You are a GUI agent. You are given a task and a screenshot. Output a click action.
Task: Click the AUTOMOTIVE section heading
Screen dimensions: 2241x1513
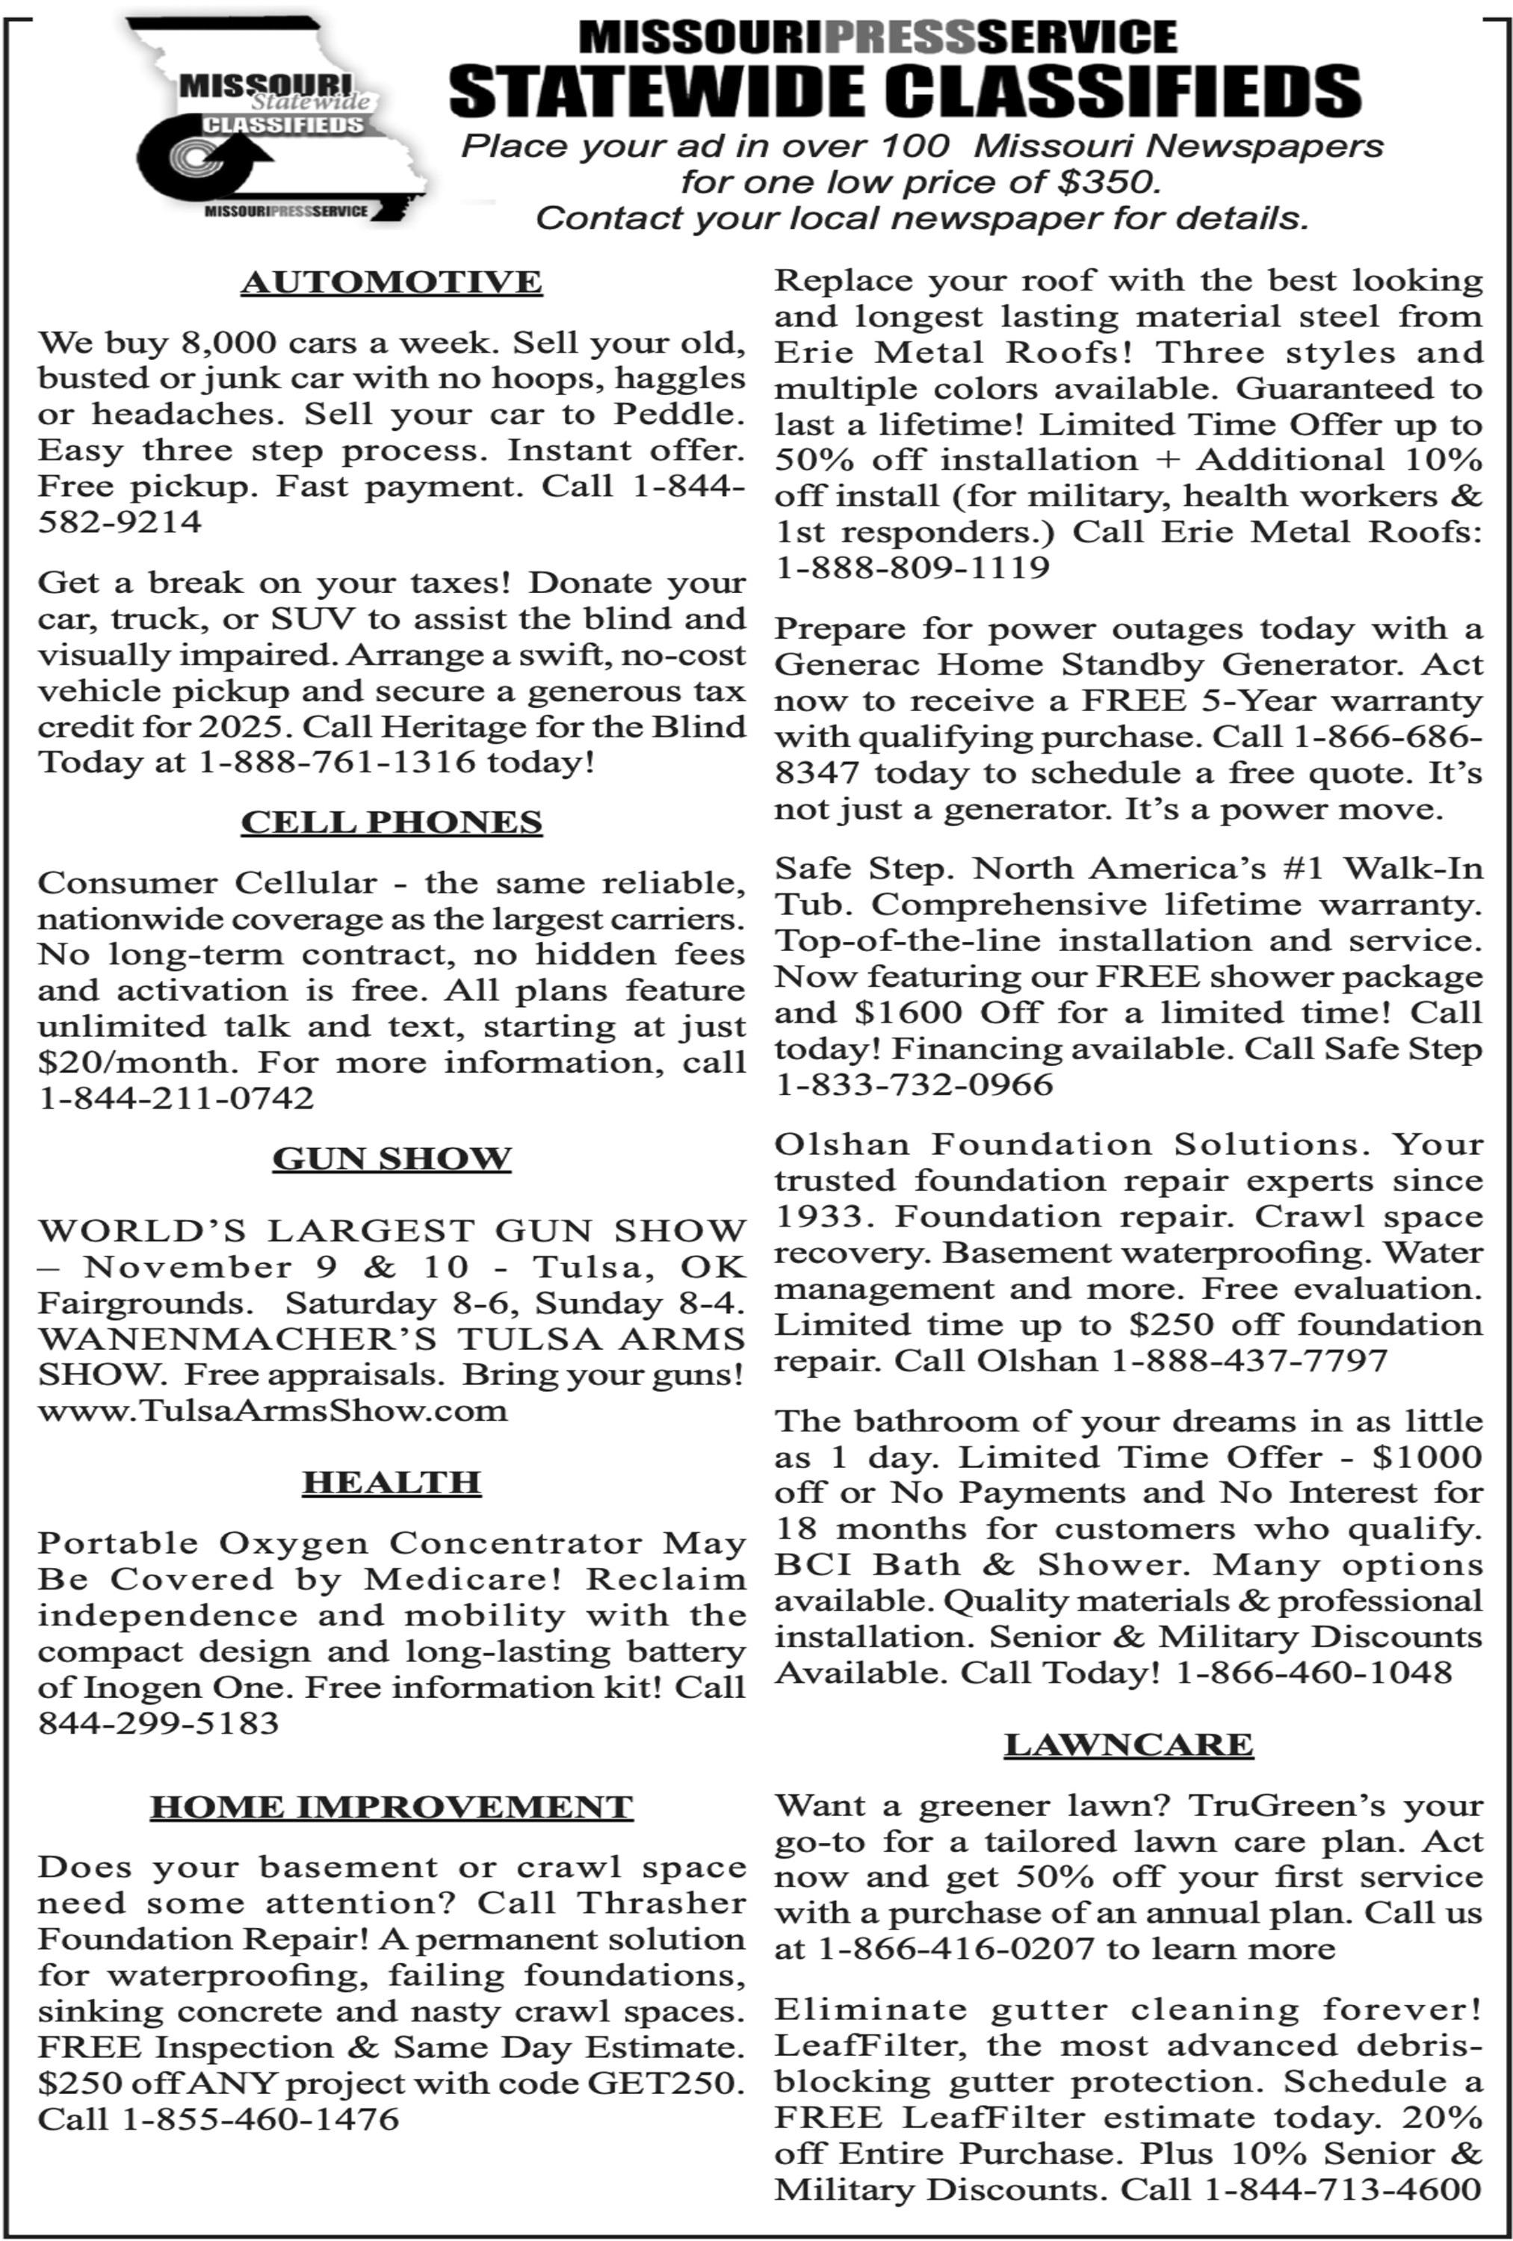coord(392,282)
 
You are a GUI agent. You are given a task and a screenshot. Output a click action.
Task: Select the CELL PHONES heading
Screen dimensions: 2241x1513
coord(392,822)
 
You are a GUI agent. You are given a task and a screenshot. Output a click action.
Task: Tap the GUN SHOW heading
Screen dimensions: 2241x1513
coord(392,1158)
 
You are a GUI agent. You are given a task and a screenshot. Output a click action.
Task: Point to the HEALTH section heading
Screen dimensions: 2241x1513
coord(392,1482)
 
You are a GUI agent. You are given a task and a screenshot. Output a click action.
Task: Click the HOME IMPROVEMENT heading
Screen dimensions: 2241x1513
coord(392,1806)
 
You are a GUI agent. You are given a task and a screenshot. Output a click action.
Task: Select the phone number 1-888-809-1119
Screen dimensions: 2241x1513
coord(912,567)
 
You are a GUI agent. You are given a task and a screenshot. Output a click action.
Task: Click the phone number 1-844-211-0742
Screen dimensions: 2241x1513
coord(176,1097)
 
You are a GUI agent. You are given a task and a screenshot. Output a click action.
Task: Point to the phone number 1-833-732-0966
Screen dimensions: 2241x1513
coord(915,1084)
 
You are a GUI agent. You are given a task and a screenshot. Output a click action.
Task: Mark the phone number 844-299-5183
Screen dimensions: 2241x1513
coord(158,1723)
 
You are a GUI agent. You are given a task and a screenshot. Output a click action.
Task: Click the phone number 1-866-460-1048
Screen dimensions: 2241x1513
coord(1314,1672)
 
